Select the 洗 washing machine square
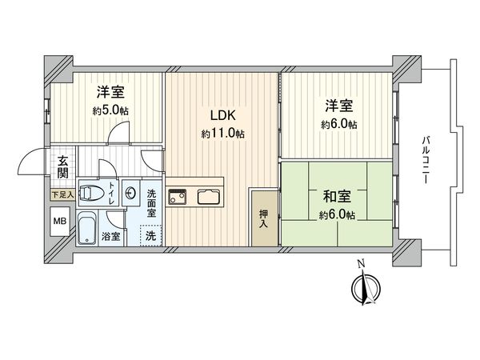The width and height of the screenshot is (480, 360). (150, 236)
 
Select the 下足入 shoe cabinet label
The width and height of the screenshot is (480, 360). (62, 194)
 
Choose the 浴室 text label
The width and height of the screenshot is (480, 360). (111, 237)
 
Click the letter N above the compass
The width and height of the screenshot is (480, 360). (361, 264)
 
